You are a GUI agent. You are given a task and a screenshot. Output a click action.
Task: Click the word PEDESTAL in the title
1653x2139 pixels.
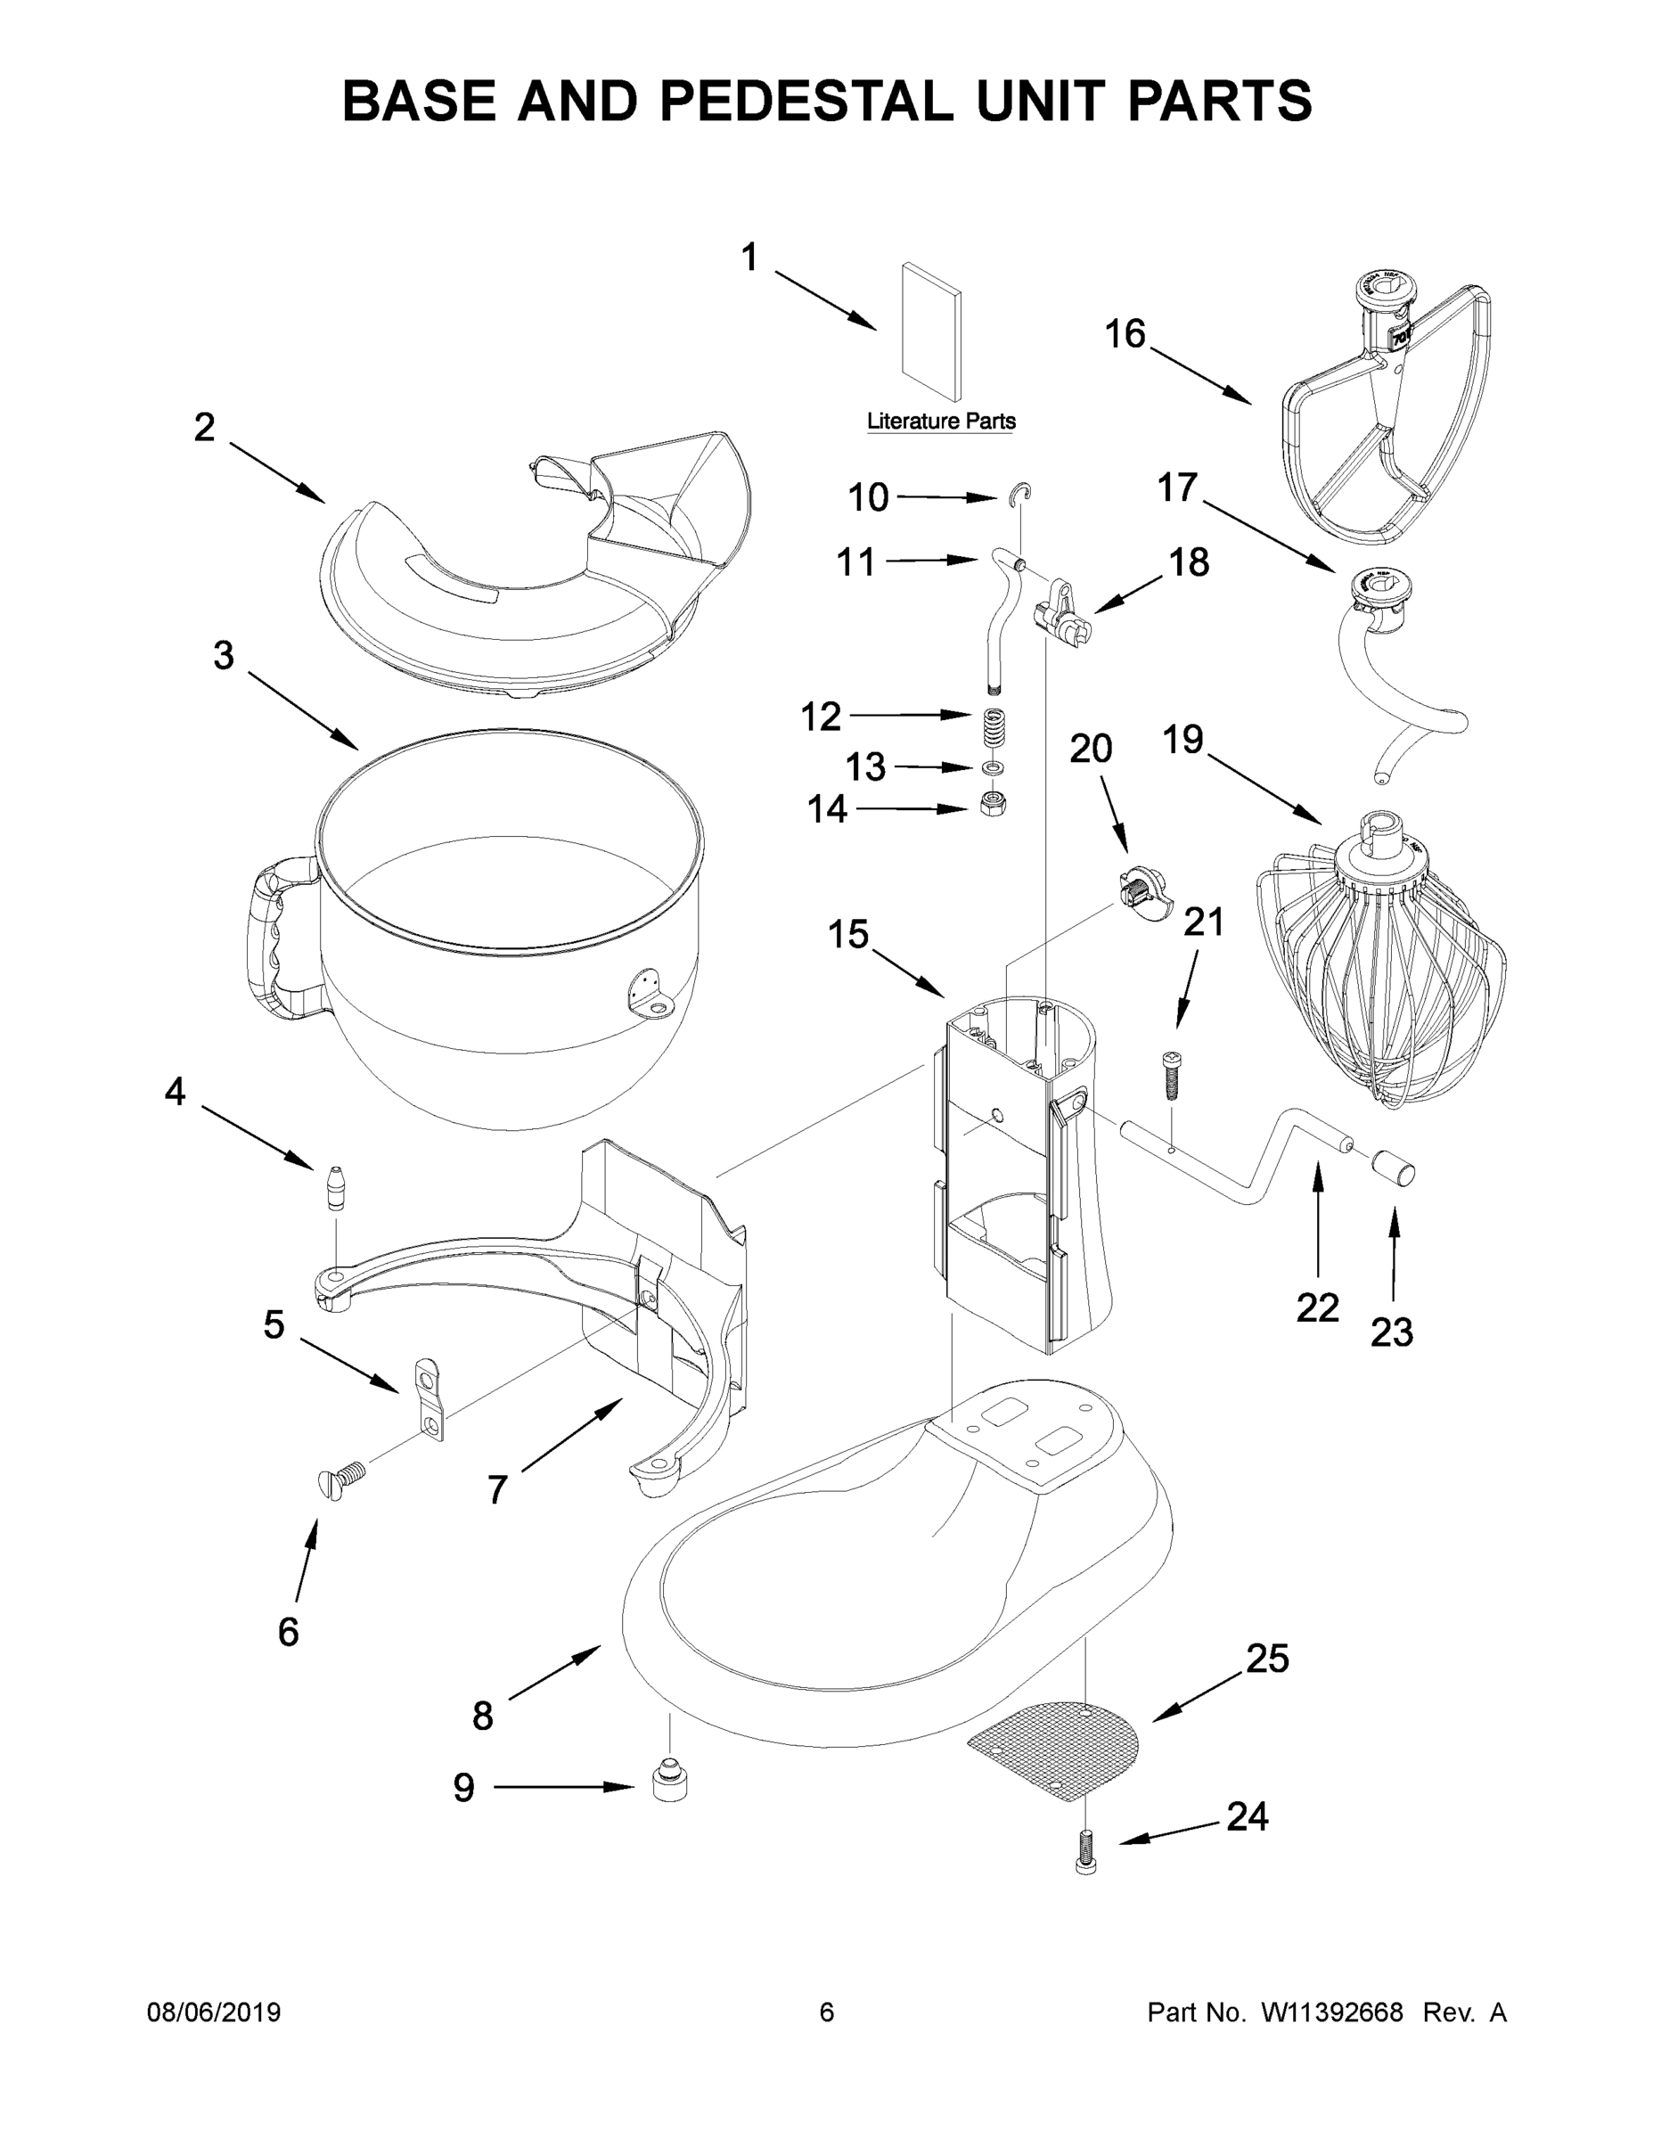[x=806, y=101]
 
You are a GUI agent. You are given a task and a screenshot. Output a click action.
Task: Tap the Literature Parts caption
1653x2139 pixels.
[x=941, y=422]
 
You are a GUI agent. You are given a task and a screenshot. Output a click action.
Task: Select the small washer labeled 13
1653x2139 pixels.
[x=993, y=766]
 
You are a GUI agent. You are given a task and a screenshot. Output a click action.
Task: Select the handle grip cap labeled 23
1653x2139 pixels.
[x=1395, y=1168]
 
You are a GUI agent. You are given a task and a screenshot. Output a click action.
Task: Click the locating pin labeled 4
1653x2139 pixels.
[x=336, y=1187]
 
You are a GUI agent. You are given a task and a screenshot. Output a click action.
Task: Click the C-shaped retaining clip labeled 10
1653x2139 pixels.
[x=1021, y=495]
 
